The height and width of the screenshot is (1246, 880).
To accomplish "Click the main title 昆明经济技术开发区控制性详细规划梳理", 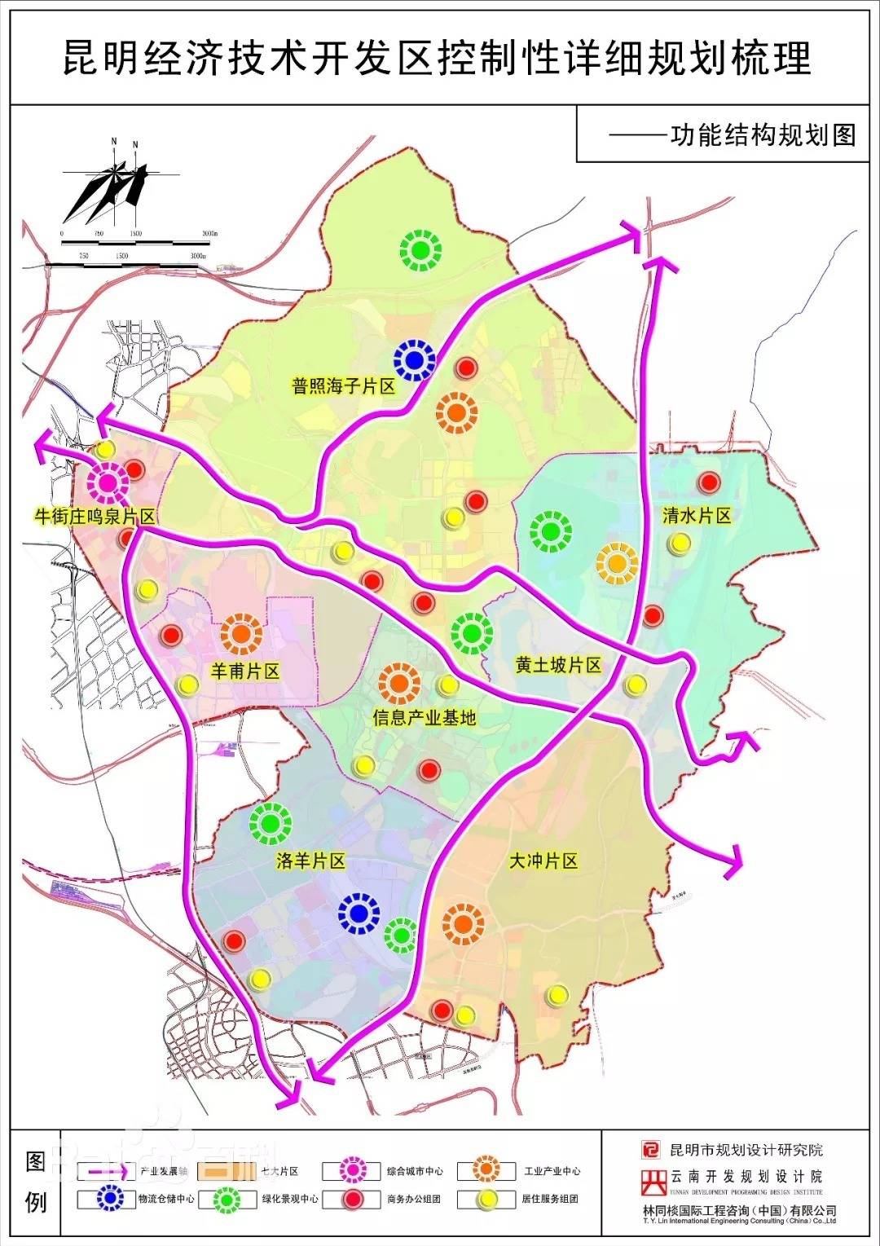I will pyautogui.click(x=438, y=59).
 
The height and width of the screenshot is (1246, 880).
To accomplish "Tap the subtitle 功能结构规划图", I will pyautogui.click(x=763, y=134).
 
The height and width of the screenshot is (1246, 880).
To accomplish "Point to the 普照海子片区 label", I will pyautogui.click(x=343, y=385).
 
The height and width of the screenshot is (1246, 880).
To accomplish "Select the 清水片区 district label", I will pyautogui.click(x=697, y=515).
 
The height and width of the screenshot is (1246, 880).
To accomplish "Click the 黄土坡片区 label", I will pyautogui.click(x=558, y=665).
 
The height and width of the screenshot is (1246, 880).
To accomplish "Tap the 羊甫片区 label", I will pyautogui.click(x=244, y=671).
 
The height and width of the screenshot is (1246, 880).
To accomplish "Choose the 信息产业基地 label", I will pyautogui.click(x=424, y=717).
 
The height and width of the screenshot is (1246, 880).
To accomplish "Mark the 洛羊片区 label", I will pyautogui.click(x=310, y=861).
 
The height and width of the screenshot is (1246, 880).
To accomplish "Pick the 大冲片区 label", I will pyautogui.click(x=543, y=861).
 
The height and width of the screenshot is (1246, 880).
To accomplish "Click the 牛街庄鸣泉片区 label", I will pyautogui.click(x=94, y=517).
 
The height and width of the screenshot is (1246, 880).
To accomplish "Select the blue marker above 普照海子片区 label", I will pyautogui.click(x=413, y=359).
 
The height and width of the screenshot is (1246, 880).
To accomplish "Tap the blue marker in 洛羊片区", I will pyautogui.click(x=359, y=914).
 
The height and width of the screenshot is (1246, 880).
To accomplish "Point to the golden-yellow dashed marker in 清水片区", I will pyautogui.click(x=617, y=562).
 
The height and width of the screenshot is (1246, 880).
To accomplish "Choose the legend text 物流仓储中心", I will pyautogui.click(x=166, y=1200).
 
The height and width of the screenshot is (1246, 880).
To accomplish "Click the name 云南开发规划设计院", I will pyautogui.click(x=746, y=1177).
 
